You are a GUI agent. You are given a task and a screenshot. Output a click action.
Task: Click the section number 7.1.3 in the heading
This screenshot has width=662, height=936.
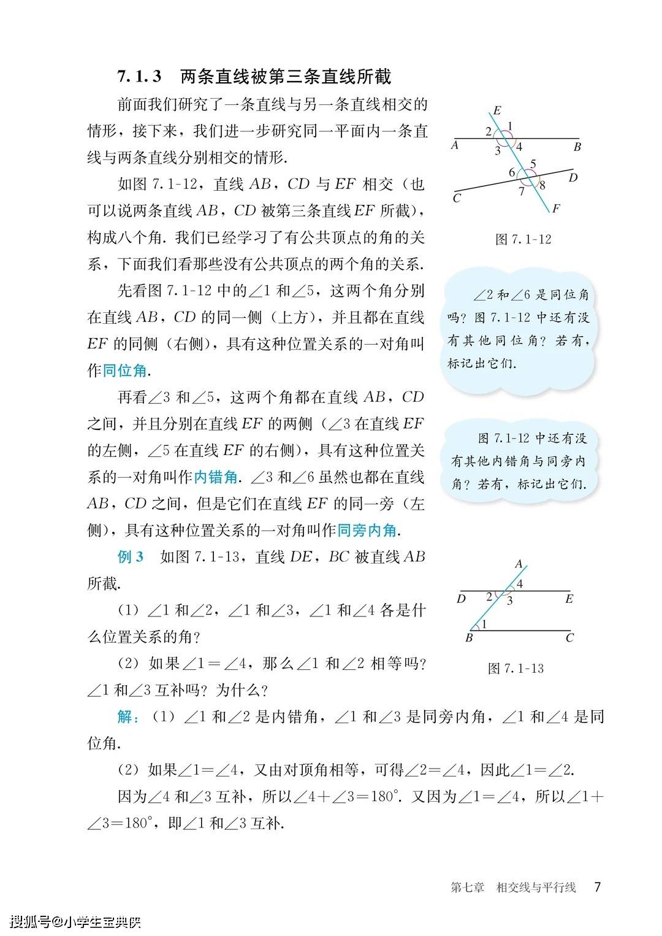(x=140, y=77)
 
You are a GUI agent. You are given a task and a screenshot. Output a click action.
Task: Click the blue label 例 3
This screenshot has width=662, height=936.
(x=131, y=557)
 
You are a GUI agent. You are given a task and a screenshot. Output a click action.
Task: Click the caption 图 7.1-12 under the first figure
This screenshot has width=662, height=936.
(x=523, y=239)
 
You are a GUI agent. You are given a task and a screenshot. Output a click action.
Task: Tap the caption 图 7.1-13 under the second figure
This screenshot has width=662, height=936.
(x=516, y=669)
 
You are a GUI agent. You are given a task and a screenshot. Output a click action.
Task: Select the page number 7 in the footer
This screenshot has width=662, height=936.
(x=598, y=887)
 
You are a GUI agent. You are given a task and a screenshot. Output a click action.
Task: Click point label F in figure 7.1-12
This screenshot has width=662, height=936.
(x=555, y=209)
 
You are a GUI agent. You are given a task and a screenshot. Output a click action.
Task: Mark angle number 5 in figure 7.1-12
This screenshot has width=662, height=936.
(x=533, y=164)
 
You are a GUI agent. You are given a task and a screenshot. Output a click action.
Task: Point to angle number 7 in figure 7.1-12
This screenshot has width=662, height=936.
(x=522, y=191)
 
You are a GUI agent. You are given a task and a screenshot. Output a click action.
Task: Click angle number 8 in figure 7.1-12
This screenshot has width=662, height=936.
(x=542, y=185)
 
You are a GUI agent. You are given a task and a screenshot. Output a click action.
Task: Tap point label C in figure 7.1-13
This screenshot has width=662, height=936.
(x=569, y=638)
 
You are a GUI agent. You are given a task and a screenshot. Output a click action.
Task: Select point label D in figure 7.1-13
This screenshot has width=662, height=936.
(x=461, y=599)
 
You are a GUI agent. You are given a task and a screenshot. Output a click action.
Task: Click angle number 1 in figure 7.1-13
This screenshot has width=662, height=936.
(x=484, y=624)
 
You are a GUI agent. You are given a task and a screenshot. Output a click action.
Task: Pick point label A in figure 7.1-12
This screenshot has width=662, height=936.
(x=454, y=146)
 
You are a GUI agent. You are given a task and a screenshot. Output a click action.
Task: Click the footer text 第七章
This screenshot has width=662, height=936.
(x=467, y=888)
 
